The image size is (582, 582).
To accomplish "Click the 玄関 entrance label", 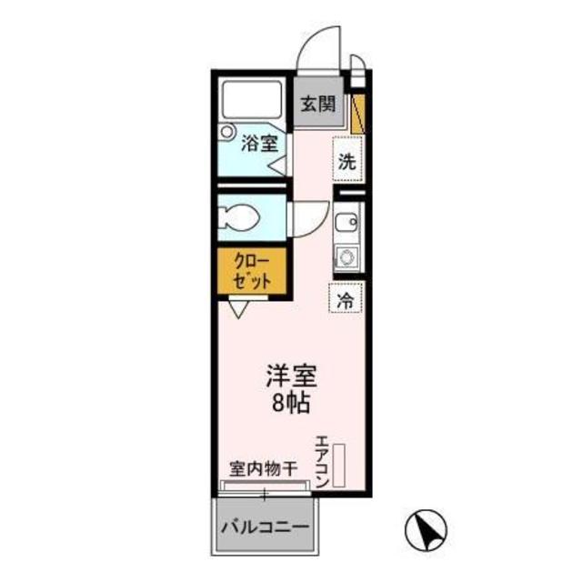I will click(x=317, y=104).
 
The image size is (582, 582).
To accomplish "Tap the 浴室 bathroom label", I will click(x=259, y=144).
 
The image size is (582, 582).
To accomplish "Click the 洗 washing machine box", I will click(x=346, y=163).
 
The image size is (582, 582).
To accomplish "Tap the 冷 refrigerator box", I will click(x=346, y=297).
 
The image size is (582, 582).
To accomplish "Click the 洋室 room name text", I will click(x=290, y=375).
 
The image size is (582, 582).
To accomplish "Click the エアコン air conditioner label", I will click(x=322, y=465).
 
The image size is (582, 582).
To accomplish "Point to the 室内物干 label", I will click(x=263, y=470).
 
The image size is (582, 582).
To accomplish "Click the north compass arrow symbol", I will click(x=425, y=528).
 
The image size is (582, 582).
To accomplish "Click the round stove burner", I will click(x=346, y=257).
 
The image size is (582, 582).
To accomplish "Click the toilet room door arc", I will click(x=307, y=219).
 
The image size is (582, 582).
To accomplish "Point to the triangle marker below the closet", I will click(x=238, y=309).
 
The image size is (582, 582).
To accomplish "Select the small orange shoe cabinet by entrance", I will click(x=358, y=109).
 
